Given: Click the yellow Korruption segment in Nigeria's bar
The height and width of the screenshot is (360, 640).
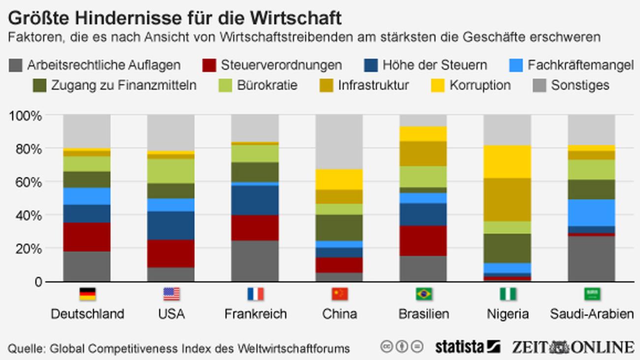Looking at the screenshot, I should (507, 162).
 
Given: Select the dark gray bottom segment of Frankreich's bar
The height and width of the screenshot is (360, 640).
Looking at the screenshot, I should (255, 261).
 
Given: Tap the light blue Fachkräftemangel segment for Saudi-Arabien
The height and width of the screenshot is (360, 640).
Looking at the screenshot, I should (591, 212).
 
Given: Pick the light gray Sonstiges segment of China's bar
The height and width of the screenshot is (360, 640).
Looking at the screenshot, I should (339, 142).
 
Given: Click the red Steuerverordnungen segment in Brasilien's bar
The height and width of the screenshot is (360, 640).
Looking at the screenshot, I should (423, 241).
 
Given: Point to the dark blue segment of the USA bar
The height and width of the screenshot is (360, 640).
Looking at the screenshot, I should (170, 226).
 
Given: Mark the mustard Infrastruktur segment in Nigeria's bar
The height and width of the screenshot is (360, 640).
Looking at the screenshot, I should (507, 199).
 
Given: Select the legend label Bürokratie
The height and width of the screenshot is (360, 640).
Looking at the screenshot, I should (267, 85).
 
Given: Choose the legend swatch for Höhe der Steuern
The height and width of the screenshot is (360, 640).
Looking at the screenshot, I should (371, 65).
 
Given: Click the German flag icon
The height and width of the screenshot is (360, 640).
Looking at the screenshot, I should (87, 295).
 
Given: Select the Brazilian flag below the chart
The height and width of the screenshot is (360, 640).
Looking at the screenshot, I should (424, 295).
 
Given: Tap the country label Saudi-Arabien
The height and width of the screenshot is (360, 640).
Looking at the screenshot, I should (591, 314).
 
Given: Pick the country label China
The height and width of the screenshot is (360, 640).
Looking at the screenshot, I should (340, 314).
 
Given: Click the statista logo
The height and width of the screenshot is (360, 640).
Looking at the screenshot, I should (467, 347).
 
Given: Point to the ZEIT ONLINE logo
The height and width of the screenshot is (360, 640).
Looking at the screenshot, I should (572, 347).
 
